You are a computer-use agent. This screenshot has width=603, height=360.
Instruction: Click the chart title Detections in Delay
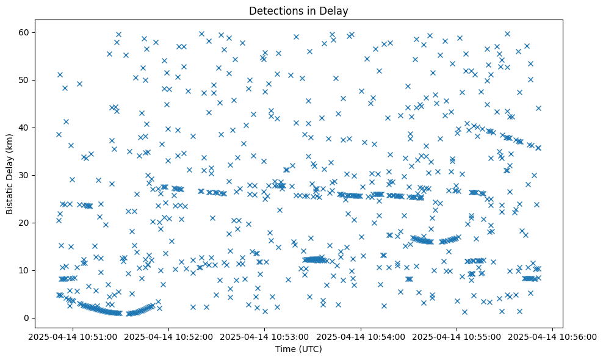[298, 11]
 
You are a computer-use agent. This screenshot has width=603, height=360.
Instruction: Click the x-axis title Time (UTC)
[298, 350]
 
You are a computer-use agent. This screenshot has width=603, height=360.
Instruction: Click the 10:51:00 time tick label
[73, 337]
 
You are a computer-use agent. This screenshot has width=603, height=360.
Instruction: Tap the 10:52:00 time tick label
[169, 337]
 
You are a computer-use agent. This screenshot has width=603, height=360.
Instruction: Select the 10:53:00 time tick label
[265, 337]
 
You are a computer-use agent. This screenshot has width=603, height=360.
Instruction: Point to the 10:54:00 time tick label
[361, 337]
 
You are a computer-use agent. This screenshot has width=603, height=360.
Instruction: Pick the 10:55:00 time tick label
[457, 337]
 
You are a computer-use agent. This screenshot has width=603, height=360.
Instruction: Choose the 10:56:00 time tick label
[553, 337]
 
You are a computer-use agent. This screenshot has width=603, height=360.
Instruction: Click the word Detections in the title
[275, 11]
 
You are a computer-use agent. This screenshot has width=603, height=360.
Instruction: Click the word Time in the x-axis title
[286, 350]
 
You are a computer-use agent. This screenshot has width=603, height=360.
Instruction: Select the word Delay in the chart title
[335, 11]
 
